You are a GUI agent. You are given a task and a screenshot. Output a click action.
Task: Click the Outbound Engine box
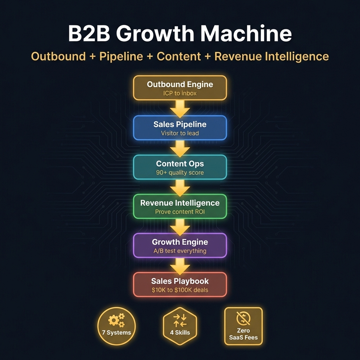click(x=180, y=88)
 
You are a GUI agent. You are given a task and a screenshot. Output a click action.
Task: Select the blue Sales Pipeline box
click(x=180, y=128)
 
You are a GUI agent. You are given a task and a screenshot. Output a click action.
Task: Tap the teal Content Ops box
click(x=180, y=167)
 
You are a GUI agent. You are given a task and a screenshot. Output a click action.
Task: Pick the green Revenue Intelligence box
click(x=180, y=206)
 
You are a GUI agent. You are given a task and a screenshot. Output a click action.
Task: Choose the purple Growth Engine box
click(x=180, y=245)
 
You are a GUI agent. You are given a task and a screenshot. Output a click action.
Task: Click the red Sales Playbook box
click(x=180, y=285)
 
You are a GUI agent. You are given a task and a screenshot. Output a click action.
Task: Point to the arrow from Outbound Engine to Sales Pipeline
click(x=180, y=109)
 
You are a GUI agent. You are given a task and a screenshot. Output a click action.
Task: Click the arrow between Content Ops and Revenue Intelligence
click(x=180, y=187)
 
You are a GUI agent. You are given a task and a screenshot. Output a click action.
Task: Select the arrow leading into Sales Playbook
click(x=180, y=266)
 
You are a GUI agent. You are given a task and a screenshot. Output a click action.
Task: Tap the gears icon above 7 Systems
click(x=117, y=320)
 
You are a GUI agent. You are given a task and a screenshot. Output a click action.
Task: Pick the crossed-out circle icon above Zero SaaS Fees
click(x=243, y=318)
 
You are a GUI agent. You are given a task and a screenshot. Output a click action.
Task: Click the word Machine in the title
click(x=246, y=34)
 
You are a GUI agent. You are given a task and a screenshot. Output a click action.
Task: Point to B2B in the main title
click(x=89, y=34)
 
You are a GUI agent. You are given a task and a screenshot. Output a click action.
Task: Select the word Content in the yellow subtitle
click(x=179, y=57)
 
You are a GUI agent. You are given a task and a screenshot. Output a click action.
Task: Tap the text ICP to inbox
click(x=180, y=93)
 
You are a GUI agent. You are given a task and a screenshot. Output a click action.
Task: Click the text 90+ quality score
click(x=180, y=173)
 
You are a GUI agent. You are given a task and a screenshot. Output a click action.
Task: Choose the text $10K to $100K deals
click(x=180, y=290)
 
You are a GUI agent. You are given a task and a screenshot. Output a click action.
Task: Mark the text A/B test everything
click(x=180, y=251)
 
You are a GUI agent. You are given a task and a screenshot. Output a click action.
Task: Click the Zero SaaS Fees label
click(x=243, y=334)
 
